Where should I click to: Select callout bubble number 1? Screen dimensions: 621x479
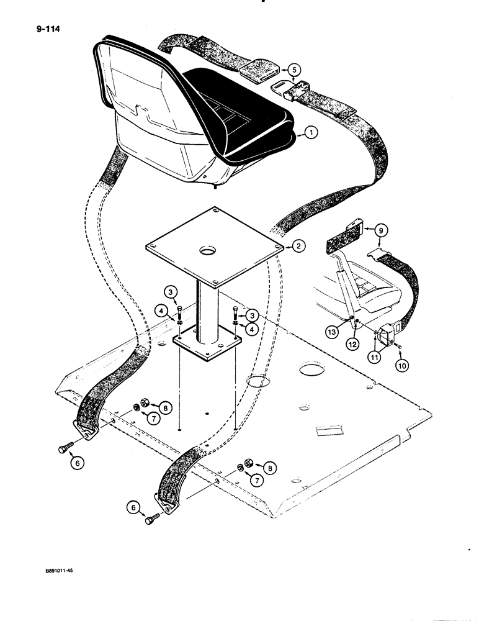(311, 132)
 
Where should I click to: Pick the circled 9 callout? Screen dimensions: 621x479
(383, 230)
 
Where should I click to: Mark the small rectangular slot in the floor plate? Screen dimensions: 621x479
(328, 430)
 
